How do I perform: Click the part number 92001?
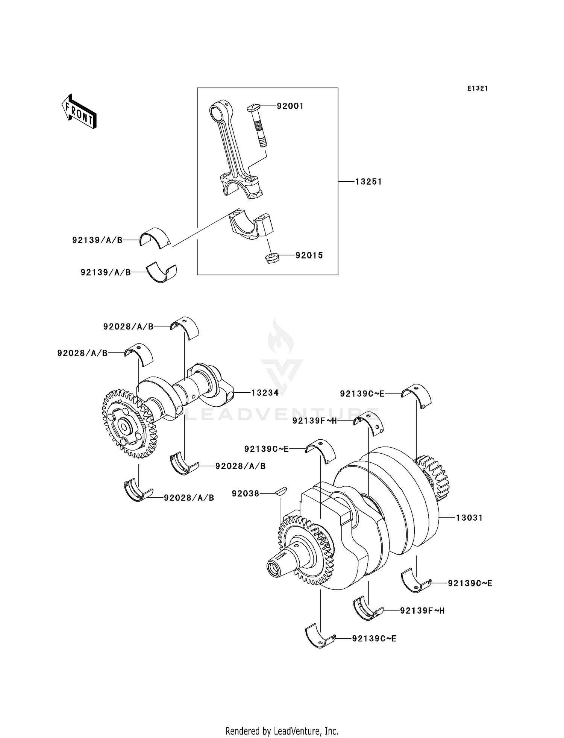click(290, 106)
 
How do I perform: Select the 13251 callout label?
click(368, 182)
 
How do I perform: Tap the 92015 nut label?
click(309, 255)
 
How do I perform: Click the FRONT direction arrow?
click(79, 112)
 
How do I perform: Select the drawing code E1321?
click(478, 88)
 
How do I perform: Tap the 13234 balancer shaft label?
click(265, 393)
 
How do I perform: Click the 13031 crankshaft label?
click(469, 518)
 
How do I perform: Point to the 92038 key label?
click(246, 494)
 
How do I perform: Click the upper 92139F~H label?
click(315, 421)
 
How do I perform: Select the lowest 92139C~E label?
click(374, 638)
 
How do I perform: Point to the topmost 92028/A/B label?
click(128, 326)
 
